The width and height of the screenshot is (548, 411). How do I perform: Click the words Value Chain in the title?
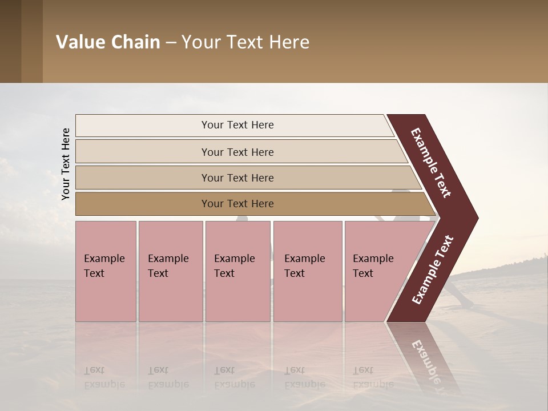[108, 42]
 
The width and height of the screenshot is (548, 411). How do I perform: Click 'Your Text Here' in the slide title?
[245, 42]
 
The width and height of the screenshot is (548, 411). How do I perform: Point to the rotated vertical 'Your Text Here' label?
[66, 164]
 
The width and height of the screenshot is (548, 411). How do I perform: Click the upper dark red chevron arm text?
[431, 163]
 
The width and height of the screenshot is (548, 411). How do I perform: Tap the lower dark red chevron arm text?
[433, 270]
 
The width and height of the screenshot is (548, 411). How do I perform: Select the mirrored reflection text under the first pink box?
[104, 377]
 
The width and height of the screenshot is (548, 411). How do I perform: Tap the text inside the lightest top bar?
[237, 125]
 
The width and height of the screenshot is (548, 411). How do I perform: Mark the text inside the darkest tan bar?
[237, 204]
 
